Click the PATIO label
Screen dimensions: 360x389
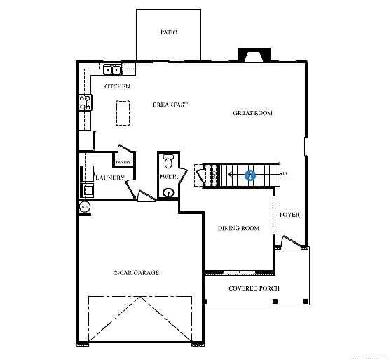click(x=168, y=32)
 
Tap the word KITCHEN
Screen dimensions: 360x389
click(x=116, y=86)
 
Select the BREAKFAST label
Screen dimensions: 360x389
click(x=170, y=105)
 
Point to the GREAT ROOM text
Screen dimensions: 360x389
click(x=252, y=113)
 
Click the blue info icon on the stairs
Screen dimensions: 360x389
click(x=250, y=175)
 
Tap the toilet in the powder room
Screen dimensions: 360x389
click(x=168, y=160)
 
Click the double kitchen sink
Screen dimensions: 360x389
click(x=112, y=69)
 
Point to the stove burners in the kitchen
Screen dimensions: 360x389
click(x=85, y=102)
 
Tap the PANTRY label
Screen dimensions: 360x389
click(x=123, y=162)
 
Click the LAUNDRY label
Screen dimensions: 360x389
click(x=110, y=178)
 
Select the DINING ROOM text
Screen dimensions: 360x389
click(x=238, y=228)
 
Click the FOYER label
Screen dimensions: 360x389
click(x=289, y=215)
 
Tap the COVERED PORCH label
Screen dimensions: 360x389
click(x=254, y=288)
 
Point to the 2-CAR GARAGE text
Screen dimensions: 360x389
click(x=136, y=273)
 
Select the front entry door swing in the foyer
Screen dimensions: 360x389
click(x=289, y=243)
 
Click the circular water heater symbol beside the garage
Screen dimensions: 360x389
click(x=85, y=206)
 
